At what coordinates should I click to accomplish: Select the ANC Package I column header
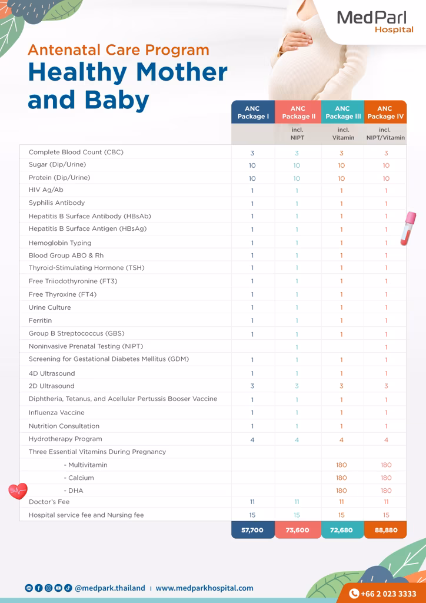click(x=253, y=112)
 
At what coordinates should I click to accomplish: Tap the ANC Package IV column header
click(x=385, y=112)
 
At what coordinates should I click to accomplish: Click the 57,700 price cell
click(x=252, y=530)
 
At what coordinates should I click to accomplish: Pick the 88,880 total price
click(x=386, y=530)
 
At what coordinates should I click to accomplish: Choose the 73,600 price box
click(x=297, y=530)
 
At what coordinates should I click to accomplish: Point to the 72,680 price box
click(x=341, y=530)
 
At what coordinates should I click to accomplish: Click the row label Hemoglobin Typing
click(x=60, y=243)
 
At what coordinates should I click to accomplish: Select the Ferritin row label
click(x=40, y=320)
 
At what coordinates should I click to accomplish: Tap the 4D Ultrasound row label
click(x=52, y=373)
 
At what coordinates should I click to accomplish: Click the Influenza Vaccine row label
click(x=56, y=413)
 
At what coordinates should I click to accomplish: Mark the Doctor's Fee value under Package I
click(x=252, y=502)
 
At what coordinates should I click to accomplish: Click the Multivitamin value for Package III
click(x=341, y=465)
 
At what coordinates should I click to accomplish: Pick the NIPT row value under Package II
click(x=297, y=347)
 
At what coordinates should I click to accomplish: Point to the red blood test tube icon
click(x=407, y=228)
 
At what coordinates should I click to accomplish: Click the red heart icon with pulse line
click(x=18, y=491)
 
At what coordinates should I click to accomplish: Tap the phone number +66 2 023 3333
click(x=383, y=594)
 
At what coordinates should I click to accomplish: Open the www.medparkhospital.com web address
click(x=204, y=588)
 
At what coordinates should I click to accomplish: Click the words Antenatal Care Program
click(x=118, y=50)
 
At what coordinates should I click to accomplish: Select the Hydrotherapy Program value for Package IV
click(x=386, y=440)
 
